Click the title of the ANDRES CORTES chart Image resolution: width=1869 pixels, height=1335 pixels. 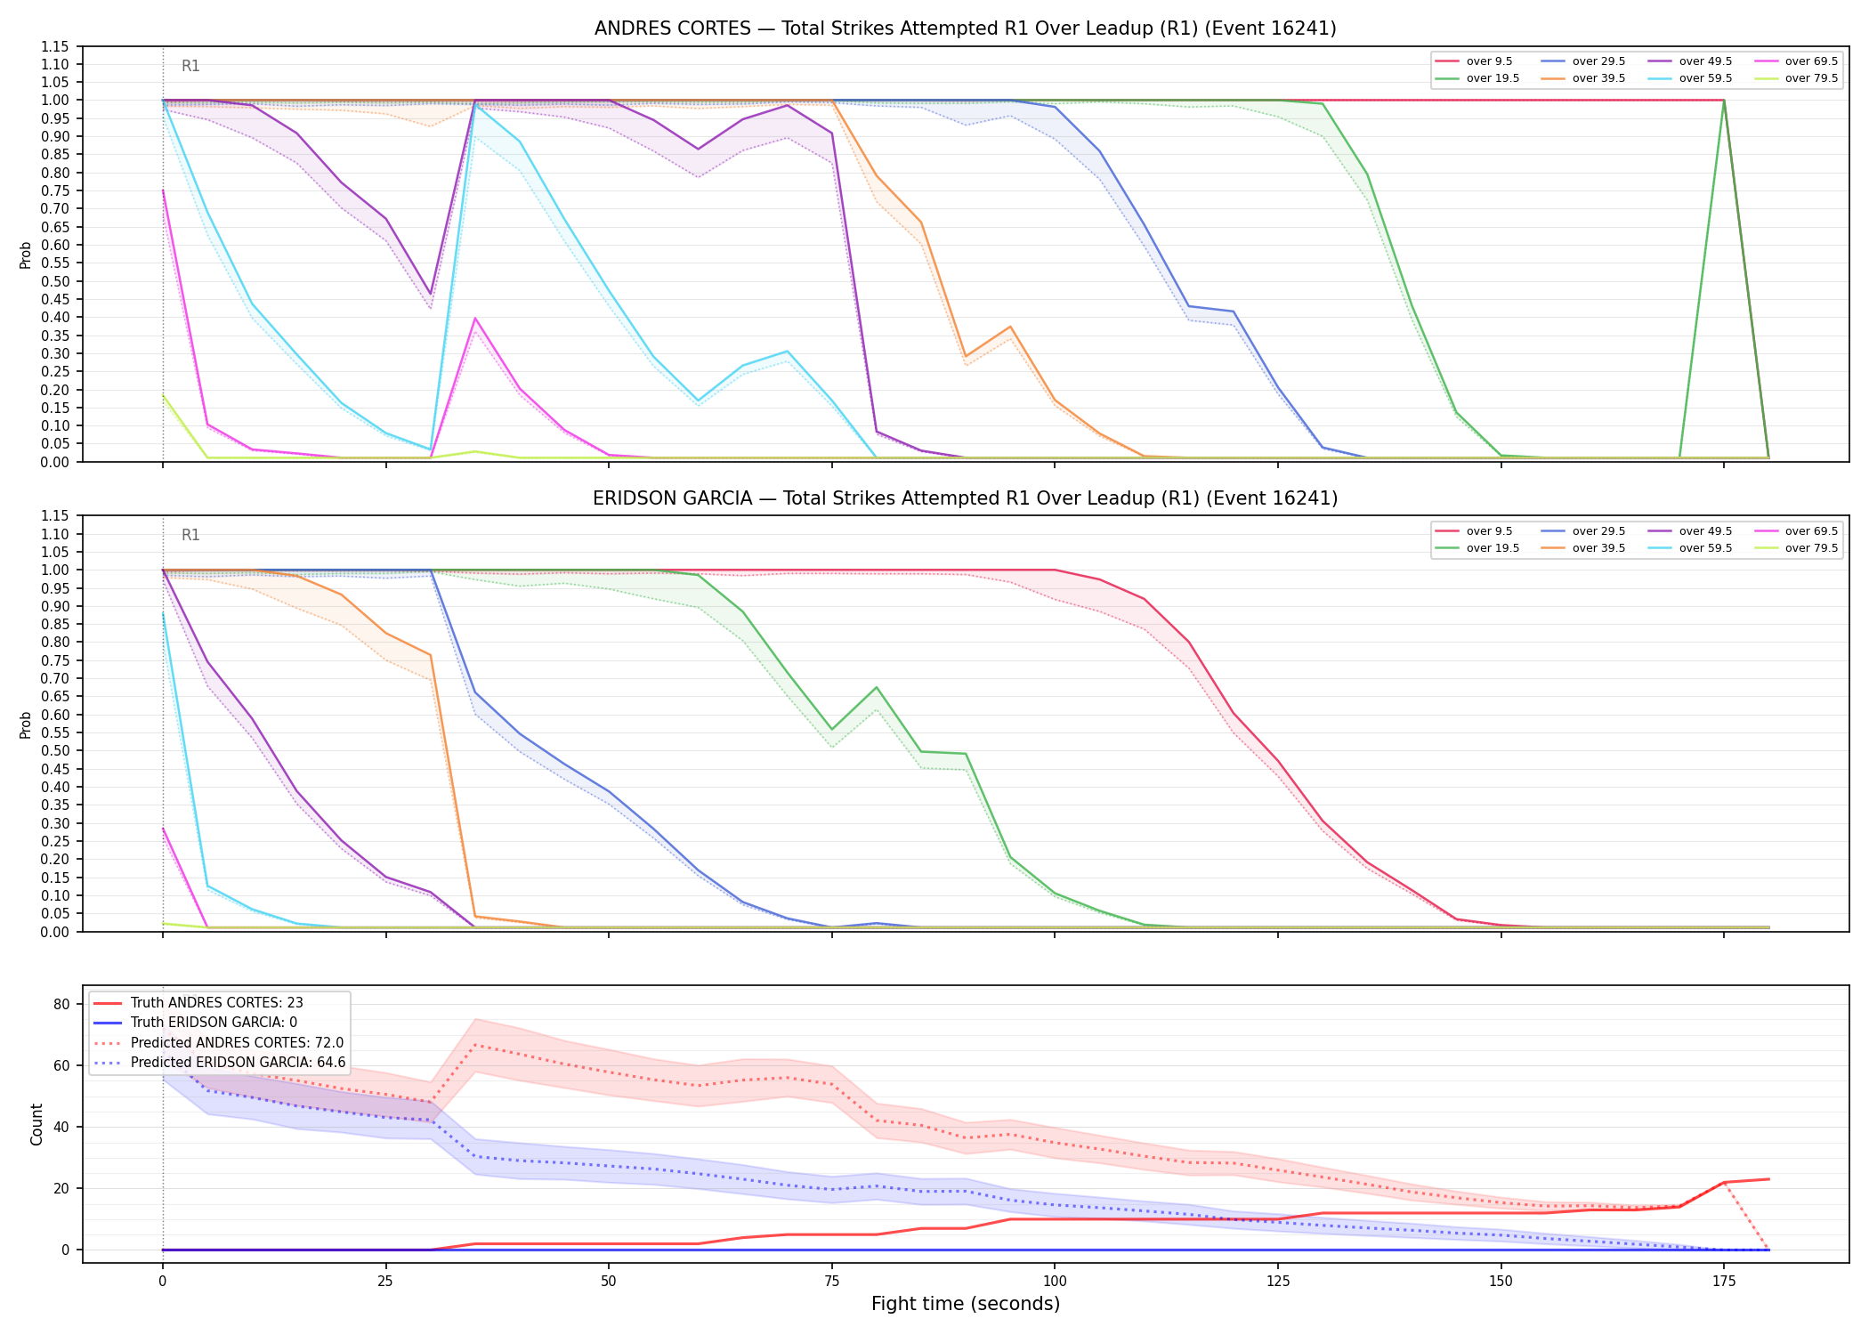pos(965,28)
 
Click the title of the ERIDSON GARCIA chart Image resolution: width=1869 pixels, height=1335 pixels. pos(965,498)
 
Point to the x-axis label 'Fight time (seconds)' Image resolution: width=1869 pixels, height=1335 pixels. pos(966,1304)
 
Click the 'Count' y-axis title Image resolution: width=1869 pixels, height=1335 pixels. pos(36,1124)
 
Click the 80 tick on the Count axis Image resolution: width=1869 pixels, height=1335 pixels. pos(61,1004)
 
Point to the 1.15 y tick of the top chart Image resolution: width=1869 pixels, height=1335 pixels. pos(56,46)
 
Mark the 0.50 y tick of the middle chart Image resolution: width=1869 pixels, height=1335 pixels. pos(56,750)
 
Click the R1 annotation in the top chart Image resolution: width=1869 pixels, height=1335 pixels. pos(190,66)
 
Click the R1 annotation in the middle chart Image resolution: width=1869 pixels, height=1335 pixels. pos(190,535)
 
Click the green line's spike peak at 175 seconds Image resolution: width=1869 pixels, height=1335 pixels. pos(1724,101)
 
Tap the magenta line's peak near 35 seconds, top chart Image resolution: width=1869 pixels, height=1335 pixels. pos(475,318)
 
